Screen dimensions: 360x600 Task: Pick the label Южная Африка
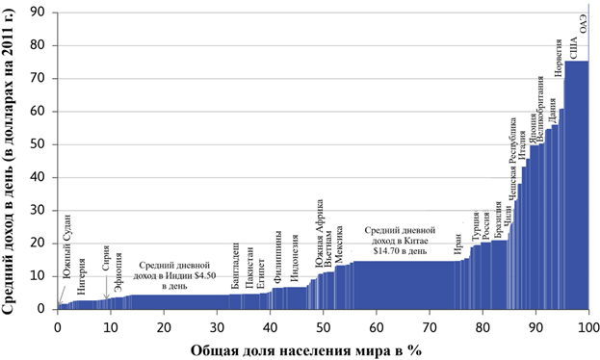pos(319,228)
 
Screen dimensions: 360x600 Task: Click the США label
pos(574,49)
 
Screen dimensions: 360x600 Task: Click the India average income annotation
pos(174,275)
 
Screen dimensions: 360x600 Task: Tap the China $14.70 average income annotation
pos(400,241)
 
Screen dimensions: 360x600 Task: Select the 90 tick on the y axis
pos(39,13)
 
